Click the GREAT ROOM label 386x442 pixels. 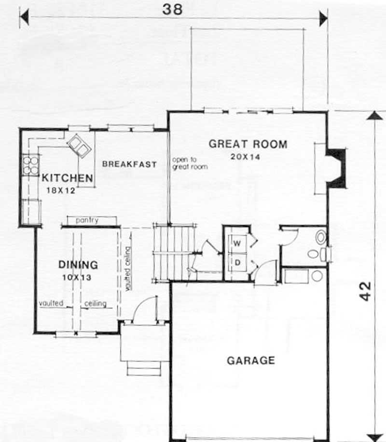click(248, 144)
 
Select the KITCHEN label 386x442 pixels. click(67, 177)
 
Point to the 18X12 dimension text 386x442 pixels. click(61, 190)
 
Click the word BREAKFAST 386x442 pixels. click(130, 164)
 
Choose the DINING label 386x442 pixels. click(78, 265)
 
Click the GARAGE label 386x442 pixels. click(250, 360)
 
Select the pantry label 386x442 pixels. click(87, 221)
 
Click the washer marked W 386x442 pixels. click(237, 243)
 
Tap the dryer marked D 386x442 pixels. click(237, 262)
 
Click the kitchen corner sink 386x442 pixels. click(79, 145)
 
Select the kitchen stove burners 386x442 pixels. click(30, 164)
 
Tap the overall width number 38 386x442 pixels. click(172, 9)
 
